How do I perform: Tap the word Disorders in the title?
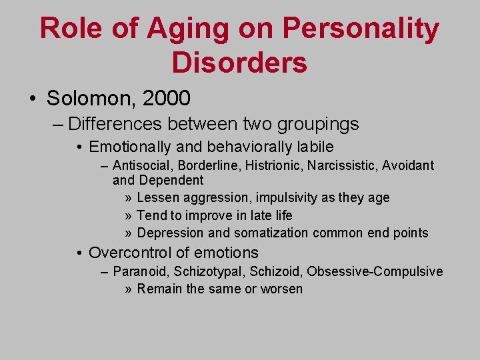tap(239, 62)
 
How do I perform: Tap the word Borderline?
tap(203, 165)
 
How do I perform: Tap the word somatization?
tap(270, 233)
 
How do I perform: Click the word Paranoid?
tap(141, 271)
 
